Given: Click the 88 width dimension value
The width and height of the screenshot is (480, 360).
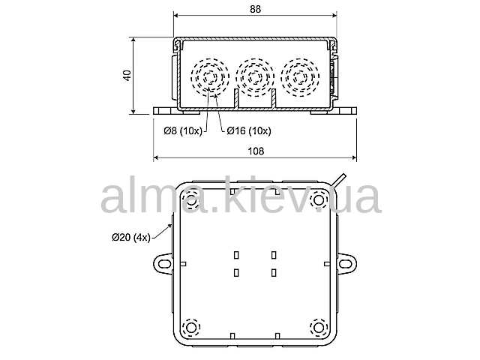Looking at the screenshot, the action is point(255,9).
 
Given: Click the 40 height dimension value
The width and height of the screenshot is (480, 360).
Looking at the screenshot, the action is point(127,76).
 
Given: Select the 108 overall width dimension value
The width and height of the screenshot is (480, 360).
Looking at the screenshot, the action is point(256,151).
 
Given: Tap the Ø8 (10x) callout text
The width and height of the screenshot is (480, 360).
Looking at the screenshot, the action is point(183,131).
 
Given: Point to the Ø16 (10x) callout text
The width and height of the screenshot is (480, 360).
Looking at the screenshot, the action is point(249,131).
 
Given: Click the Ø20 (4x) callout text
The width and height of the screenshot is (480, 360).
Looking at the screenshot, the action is point(131,237).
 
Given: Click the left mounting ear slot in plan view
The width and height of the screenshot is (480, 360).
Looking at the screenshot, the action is point(164,263).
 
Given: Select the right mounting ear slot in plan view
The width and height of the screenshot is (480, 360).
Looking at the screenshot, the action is point(345,263).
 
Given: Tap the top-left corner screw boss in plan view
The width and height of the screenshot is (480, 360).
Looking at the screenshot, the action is point(191,201).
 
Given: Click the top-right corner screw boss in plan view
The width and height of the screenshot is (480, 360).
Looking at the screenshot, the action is point(319,200).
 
